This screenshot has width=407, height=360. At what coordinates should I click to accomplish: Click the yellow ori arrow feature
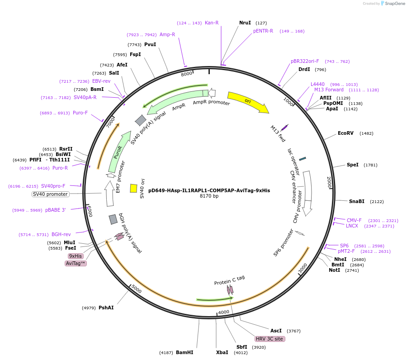tap(248, 102)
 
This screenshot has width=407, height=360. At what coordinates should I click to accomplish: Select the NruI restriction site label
tap(245, 23)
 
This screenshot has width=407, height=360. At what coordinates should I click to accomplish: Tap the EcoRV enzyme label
tap(345, 133)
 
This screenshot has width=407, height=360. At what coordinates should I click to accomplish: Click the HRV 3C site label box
tap(270, 339)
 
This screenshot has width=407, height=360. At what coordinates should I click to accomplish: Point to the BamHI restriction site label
tap(185, 352)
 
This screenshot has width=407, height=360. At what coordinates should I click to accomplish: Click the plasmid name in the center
tap(209, 190)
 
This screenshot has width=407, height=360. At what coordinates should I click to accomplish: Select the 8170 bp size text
tap(209, 196)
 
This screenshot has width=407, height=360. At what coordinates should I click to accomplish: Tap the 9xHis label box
tap(76, 256)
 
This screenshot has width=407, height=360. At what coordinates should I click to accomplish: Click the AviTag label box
tap(76, 263)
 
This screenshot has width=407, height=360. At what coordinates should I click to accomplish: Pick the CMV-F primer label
tap(354, 220)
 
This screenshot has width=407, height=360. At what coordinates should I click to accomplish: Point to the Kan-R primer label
tap(212, 23)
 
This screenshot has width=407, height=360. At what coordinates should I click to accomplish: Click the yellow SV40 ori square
tap(133, 188)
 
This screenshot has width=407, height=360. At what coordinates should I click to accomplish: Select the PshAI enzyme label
tap(106, 308)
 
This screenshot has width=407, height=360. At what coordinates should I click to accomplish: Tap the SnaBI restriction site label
tap(357, 201)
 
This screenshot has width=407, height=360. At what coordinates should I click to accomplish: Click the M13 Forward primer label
tap(329, 90)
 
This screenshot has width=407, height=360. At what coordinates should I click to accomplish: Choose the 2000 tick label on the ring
tap(329, 183)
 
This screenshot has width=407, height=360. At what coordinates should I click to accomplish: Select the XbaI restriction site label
tap(222, 352)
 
